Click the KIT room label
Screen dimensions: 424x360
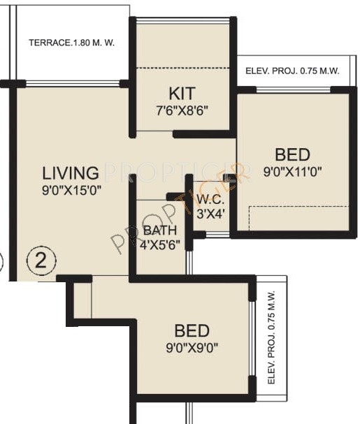(x=182, y=93)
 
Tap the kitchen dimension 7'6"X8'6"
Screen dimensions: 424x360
(x=182, y=109)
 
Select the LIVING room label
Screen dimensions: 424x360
(x=70, y=173)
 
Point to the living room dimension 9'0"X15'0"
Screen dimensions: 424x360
(x=71, y=189)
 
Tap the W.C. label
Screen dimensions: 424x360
(x=209, y=201)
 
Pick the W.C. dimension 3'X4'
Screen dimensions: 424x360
(x=210, y=214)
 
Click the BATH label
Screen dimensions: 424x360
(x=159, y=231)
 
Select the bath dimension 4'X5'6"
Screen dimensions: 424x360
(x=161, y=245)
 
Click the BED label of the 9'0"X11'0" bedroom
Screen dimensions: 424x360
(x=291, y=154)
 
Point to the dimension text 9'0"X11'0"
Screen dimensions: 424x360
(x=292, y=171)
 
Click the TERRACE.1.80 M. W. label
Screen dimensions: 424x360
(x=71, y=43)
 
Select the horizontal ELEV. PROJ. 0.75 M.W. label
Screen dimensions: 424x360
(x=291, y=71)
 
